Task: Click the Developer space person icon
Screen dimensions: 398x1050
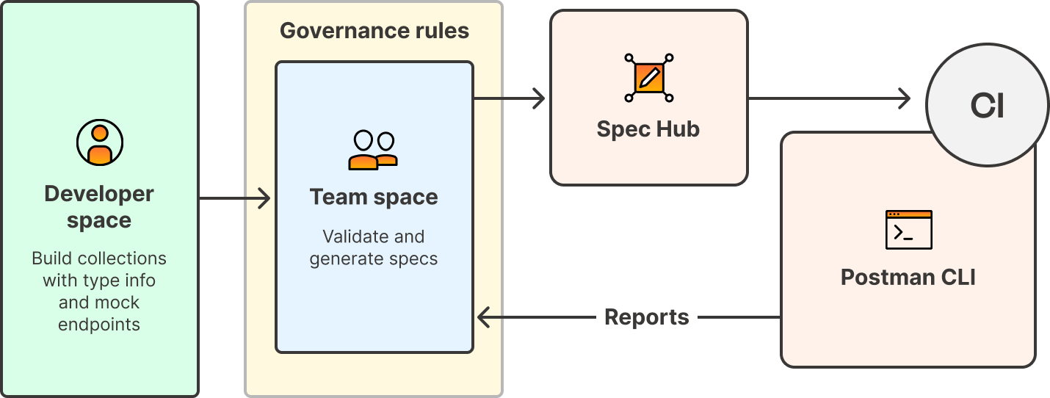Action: tap(100, 142)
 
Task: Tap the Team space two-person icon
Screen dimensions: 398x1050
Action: tap(373, 151)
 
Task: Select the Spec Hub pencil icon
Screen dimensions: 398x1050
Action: tap(648, 77)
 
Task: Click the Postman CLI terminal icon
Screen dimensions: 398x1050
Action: tap(908, 230)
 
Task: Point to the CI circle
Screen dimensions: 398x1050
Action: tap(987, 106)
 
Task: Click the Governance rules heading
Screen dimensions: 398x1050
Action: tap(374, 31)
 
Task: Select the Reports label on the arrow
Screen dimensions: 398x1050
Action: tap(646, 317)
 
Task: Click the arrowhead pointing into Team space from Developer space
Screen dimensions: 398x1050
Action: tap(264, 198)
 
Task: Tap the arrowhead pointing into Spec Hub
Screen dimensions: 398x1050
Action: tap(539, 98)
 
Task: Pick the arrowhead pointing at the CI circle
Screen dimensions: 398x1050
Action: tap(905, 98)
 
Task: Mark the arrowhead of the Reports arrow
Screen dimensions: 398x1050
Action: tap(484, 317)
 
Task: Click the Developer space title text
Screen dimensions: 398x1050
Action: tap(99, 207)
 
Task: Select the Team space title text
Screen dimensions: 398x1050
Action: tap(374, 197)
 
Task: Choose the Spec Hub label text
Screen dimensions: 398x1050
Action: tap(648, 129)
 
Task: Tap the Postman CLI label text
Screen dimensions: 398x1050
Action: tap(908, 278)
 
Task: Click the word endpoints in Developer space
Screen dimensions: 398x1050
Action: tap(99, 325)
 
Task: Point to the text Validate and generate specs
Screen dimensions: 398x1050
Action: tap(374, 247)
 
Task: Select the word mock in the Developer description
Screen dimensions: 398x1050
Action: tap(119, 303)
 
